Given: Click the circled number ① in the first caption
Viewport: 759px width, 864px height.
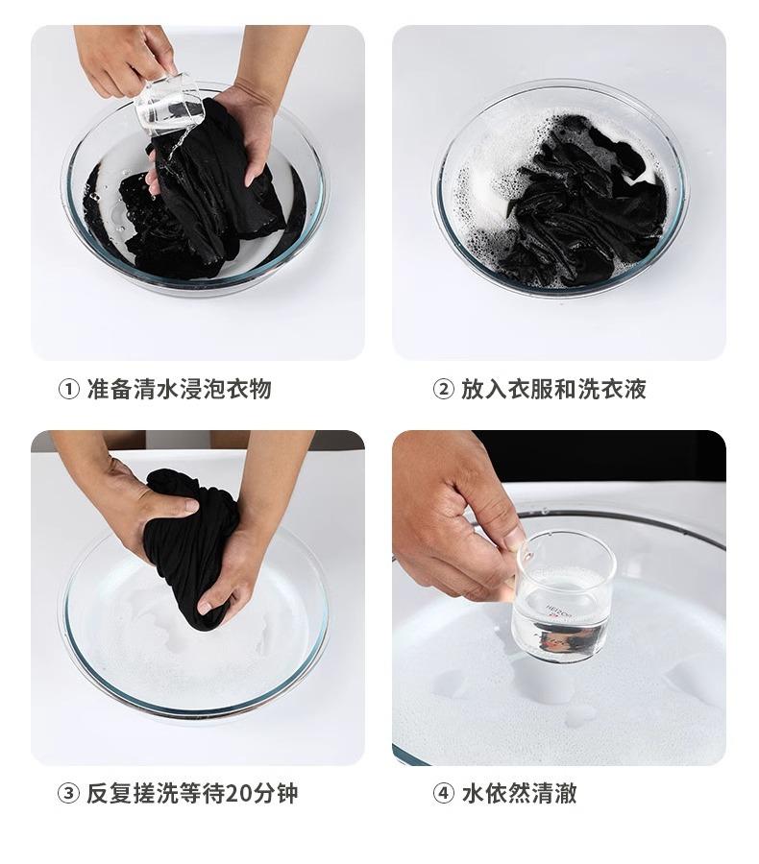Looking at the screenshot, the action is [x=68, y=390].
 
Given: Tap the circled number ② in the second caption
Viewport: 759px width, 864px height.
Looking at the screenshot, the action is [x=443, y=390].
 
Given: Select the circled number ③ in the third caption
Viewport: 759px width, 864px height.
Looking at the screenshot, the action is [x=68, y=794].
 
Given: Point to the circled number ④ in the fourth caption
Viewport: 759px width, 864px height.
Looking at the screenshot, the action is [x=443, y=794].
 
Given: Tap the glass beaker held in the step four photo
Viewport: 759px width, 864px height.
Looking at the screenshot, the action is [x=563, y=598].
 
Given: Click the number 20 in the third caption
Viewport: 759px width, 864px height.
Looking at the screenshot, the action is [x=239, y=794].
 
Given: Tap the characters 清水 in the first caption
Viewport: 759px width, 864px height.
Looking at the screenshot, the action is [x=157, y=390].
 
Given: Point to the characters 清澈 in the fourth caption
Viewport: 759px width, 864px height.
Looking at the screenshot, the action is [x=553, y=794].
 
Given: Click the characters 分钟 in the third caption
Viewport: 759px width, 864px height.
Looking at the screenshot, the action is [x=275, y=794].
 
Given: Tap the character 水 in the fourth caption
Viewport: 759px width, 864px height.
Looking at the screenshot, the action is [x=473, y=794].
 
